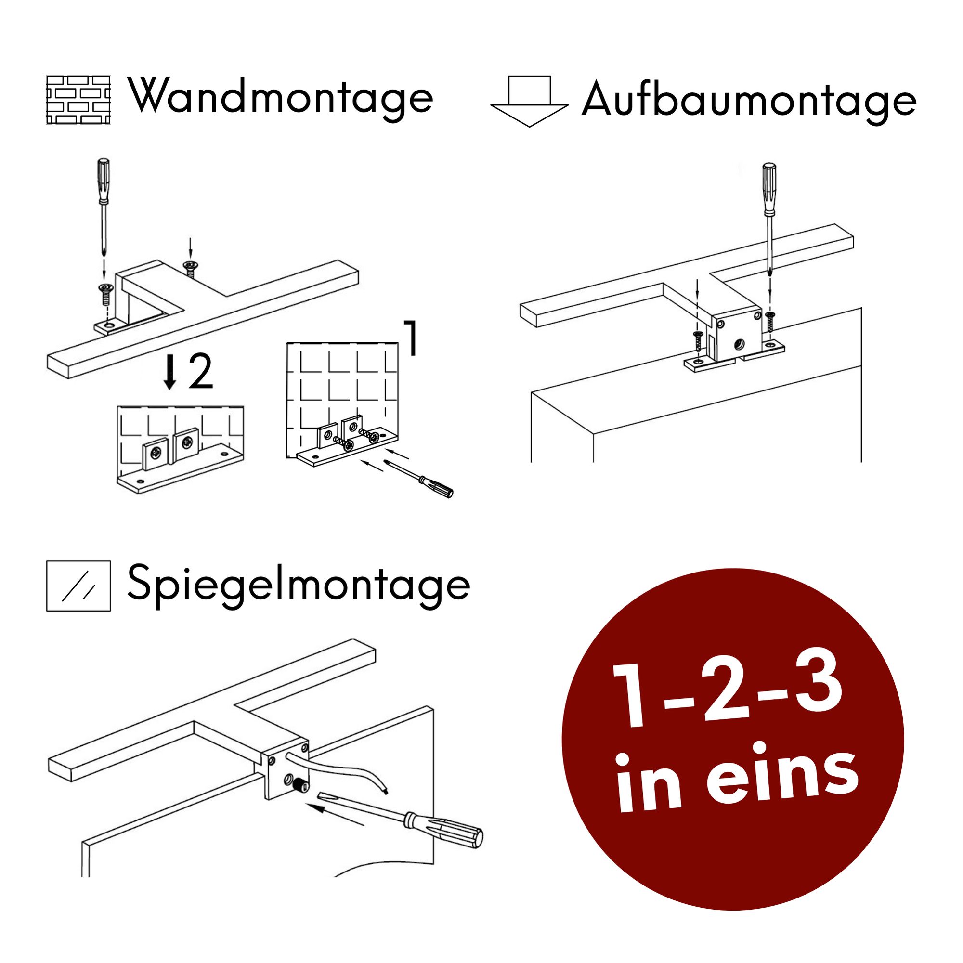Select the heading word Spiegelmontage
click(x=299, y=586)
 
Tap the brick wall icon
click(x=78, y=100)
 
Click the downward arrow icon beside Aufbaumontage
click(x=529, y=102)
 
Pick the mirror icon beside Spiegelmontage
click(x=78, y=586)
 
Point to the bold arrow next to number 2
click(x=170, y=372)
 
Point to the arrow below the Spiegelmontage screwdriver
click(x=335, y=813)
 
